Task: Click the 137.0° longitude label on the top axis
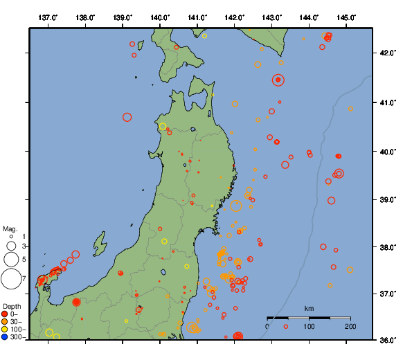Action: coord(48,17)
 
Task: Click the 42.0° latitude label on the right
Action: coord(387,53)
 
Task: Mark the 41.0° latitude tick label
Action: coord(387,102)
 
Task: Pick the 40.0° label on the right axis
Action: coord(387,151)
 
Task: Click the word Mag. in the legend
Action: coord(10,228)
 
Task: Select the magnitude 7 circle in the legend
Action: coord(11,279)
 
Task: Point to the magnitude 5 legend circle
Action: coord(11,259)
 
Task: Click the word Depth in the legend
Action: coord(11,306)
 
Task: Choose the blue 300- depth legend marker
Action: coord(5,337)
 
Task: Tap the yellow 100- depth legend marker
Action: coord(5,330)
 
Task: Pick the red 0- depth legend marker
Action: coord(5,314)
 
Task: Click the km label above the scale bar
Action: coord(310,308)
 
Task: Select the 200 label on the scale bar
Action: coord(350,326)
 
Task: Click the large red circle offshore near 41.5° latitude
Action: coord(278,80)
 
